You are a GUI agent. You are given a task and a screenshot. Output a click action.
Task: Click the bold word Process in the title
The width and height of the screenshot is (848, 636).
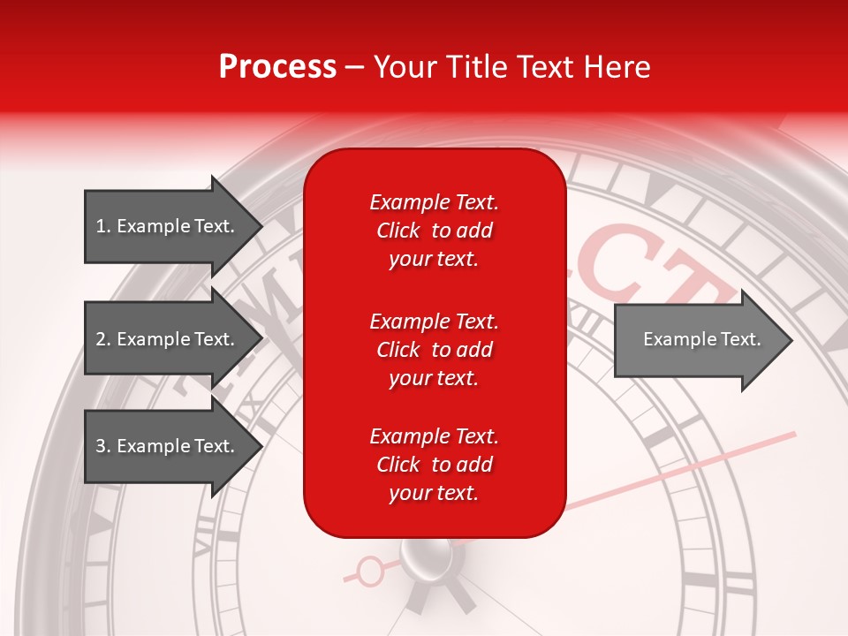pyautogui.click(x=277, y=67)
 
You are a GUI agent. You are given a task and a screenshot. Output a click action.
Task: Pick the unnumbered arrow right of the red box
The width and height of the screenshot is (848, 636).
pyautogui.click(x=702, y=339)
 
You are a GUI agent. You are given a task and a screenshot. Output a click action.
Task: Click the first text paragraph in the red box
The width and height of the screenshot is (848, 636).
pyautogui.click(x=434, y=231)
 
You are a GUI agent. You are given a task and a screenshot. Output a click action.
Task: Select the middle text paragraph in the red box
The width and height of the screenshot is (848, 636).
pyautogui.click(x=434, y=350)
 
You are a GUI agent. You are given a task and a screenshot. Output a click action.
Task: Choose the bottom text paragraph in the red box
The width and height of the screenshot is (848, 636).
pyautogui.click(x=434, y=465)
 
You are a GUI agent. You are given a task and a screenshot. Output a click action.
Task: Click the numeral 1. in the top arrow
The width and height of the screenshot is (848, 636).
pyautogui.click(x=103, y=226)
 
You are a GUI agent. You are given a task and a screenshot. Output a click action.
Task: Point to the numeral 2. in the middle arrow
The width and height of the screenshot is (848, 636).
pyautogui.click(x=103, y=339)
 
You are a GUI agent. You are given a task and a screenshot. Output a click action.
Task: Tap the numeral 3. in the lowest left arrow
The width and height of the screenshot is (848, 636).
pyautogui.click(x=103, y=446)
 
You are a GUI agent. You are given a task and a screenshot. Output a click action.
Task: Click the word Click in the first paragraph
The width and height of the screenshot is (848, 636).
pyautogui.click(x=398, y=231)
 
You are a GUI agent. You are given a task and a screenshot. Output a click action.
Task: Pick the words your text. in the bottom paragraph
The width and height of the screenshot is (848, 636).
pyautogui.click(x=434, y=493)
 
